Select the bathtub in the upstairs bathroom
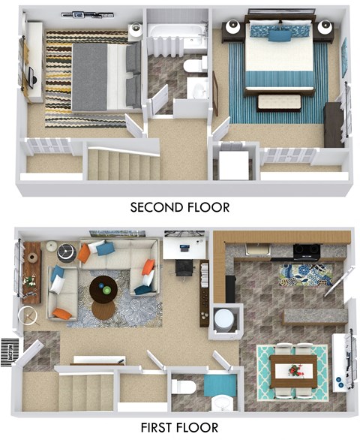tap(176, 35)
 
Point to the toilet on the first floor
tap(183, 387)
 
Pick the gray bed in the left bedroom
tap(103, 75)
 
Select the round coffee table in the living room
tap(103, 288)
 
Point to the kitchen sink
tap(258, 249)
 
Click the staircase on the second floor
tap(120, 164)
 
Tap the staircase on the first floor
tap(86, 390)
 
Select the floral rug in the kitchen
tap(305, 275)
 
